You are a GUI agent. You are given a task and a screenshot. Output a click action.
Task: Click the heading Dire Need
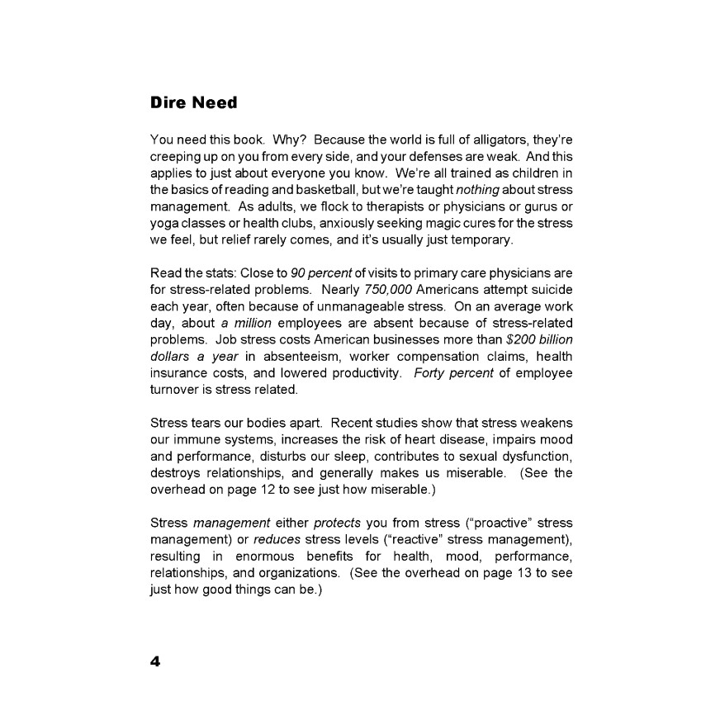click(193, 103)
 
